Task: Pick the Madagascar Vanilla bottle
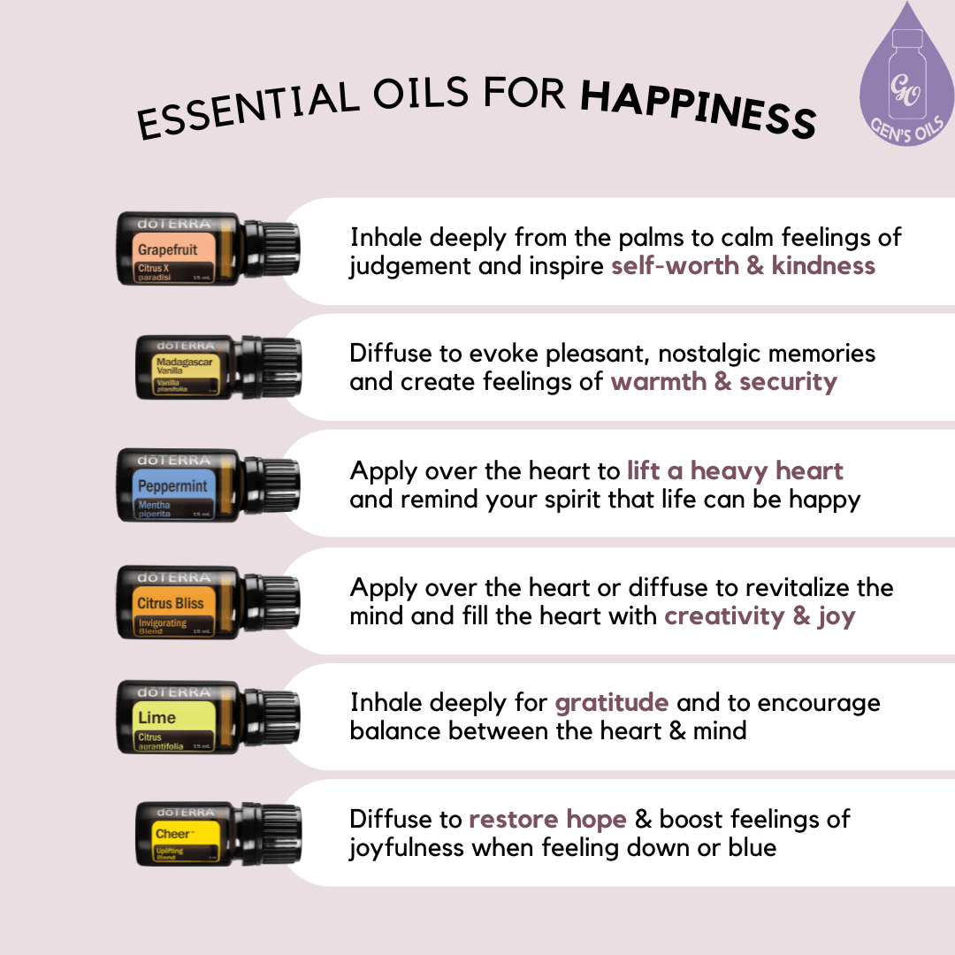[x=218, y=365]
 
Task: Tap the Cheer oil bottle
[x=218, y=834]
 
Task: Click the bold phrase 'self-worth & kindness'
[x=743, y=265]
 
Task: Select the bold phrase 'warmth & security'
[x=723, y=382]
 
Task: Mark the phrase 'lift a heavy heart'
[x=735, y=470]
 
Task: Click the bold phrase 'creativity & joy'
[x=760, y=615]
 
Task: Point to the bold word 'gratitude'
[x=611, y=703]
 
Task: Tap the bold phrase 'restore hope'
[x=547, y=819]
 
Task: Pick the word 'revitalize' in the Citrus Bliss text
[x=789, y=587]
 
